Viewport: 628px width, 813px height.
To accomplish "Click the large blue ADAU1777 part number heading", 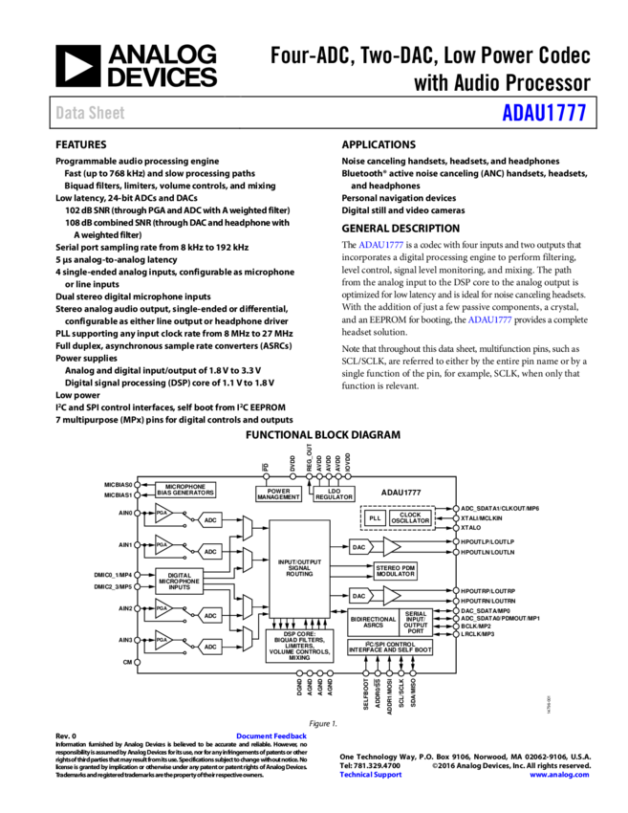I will click(544, 113).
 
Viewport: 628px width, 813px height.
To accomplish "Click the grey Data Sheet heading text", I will click(90, 113).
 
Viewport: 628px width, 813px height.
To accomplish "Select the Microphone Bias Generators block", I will click(185, 490).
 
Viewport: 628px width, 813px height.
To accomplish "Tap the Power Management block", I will click(278, 494).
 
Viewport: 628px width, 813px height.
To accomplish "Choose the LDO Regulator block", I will click(335, 494).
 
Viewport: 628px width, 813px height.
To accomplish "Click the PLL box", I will click(375, 517).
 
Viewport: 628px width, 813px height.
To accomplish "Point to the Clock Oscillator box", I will click(410, 517).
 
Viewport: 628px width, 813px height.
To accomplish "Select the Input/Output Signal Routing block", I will click(299, 568).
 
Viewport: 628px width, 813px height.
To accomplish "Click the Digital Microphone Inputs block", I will click(180, 581).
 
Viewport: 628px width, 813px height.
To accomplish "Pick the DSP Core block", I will click(299, 646).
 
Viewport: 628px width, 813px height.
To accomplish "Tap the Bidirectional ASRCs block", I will click(373, 623).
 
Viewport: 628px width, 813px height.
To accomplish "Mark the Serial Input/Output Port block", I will click(416, 623).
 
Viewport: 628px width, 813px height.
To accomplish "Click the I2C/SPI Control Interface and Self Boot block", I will click(390, 648).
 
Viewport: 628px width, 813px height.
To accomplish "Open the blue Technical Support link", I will click(371, 775).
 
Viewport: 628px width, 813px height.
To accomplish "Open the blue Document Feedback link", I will click(271, 736).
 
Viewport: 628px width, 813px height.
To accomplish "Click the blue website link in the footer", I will click(559, 775).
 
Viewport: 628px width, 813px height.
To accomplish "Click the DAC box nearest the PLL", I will click(359, 547).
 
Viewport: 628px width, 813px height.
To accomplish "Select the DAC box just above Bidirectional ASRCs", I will click(359, 596).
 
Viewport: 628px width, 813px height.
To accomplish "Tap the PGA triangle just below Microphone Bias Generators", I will click(163, 514).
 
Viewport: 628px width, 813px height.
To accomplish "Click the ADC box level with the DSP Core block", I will click(210, 647).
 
